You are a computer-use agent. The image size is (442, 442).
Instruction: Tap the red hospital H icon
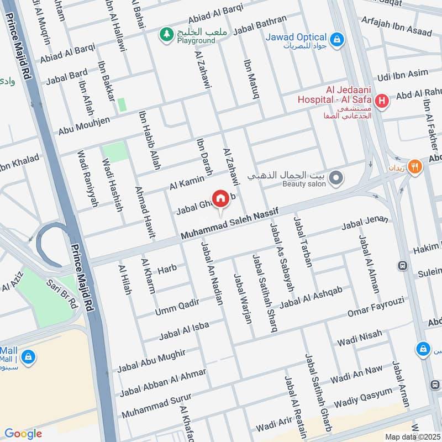(x=381, y=101)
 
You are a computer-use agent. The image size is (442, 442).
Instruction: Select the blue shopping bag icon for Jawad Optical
(x=336, y=39)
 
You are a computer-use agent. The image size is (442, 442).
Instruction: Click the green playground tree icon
(x=165, y=35)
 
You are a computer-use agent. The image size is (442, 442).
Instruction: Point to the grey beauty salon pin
(x=336, y=178)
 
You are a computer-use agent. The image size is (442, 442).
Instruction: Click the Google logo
(x=23, y=433)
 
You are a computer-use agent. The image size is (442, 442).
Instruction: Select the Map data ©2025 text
(x=411, y=436)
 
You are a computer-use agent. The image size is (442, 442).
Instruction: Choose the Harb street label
(x=167, y=269)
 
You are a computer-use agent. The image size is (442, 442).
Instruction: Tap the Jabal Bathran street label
(x=261, y=25)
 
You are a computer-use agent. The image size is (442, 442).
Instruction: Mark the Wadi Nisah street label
(x=360, y=338)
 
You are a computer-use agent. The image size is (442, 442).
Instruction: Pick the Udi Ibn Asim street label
(x=402, y=75)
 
